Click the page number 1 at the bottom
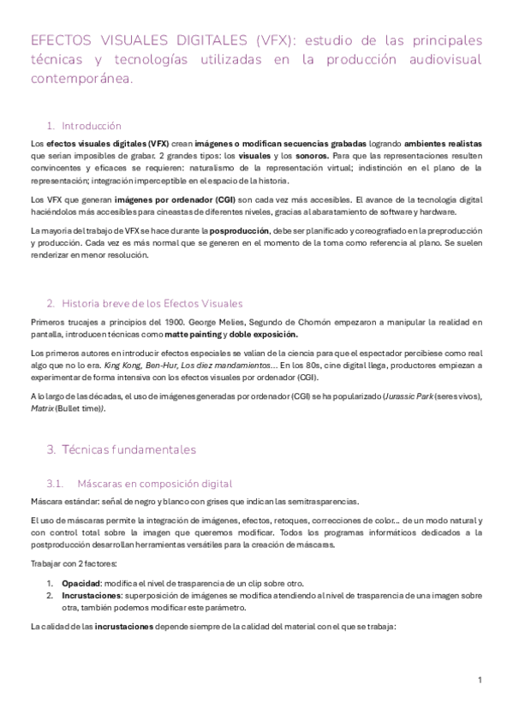click(480, 680)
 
